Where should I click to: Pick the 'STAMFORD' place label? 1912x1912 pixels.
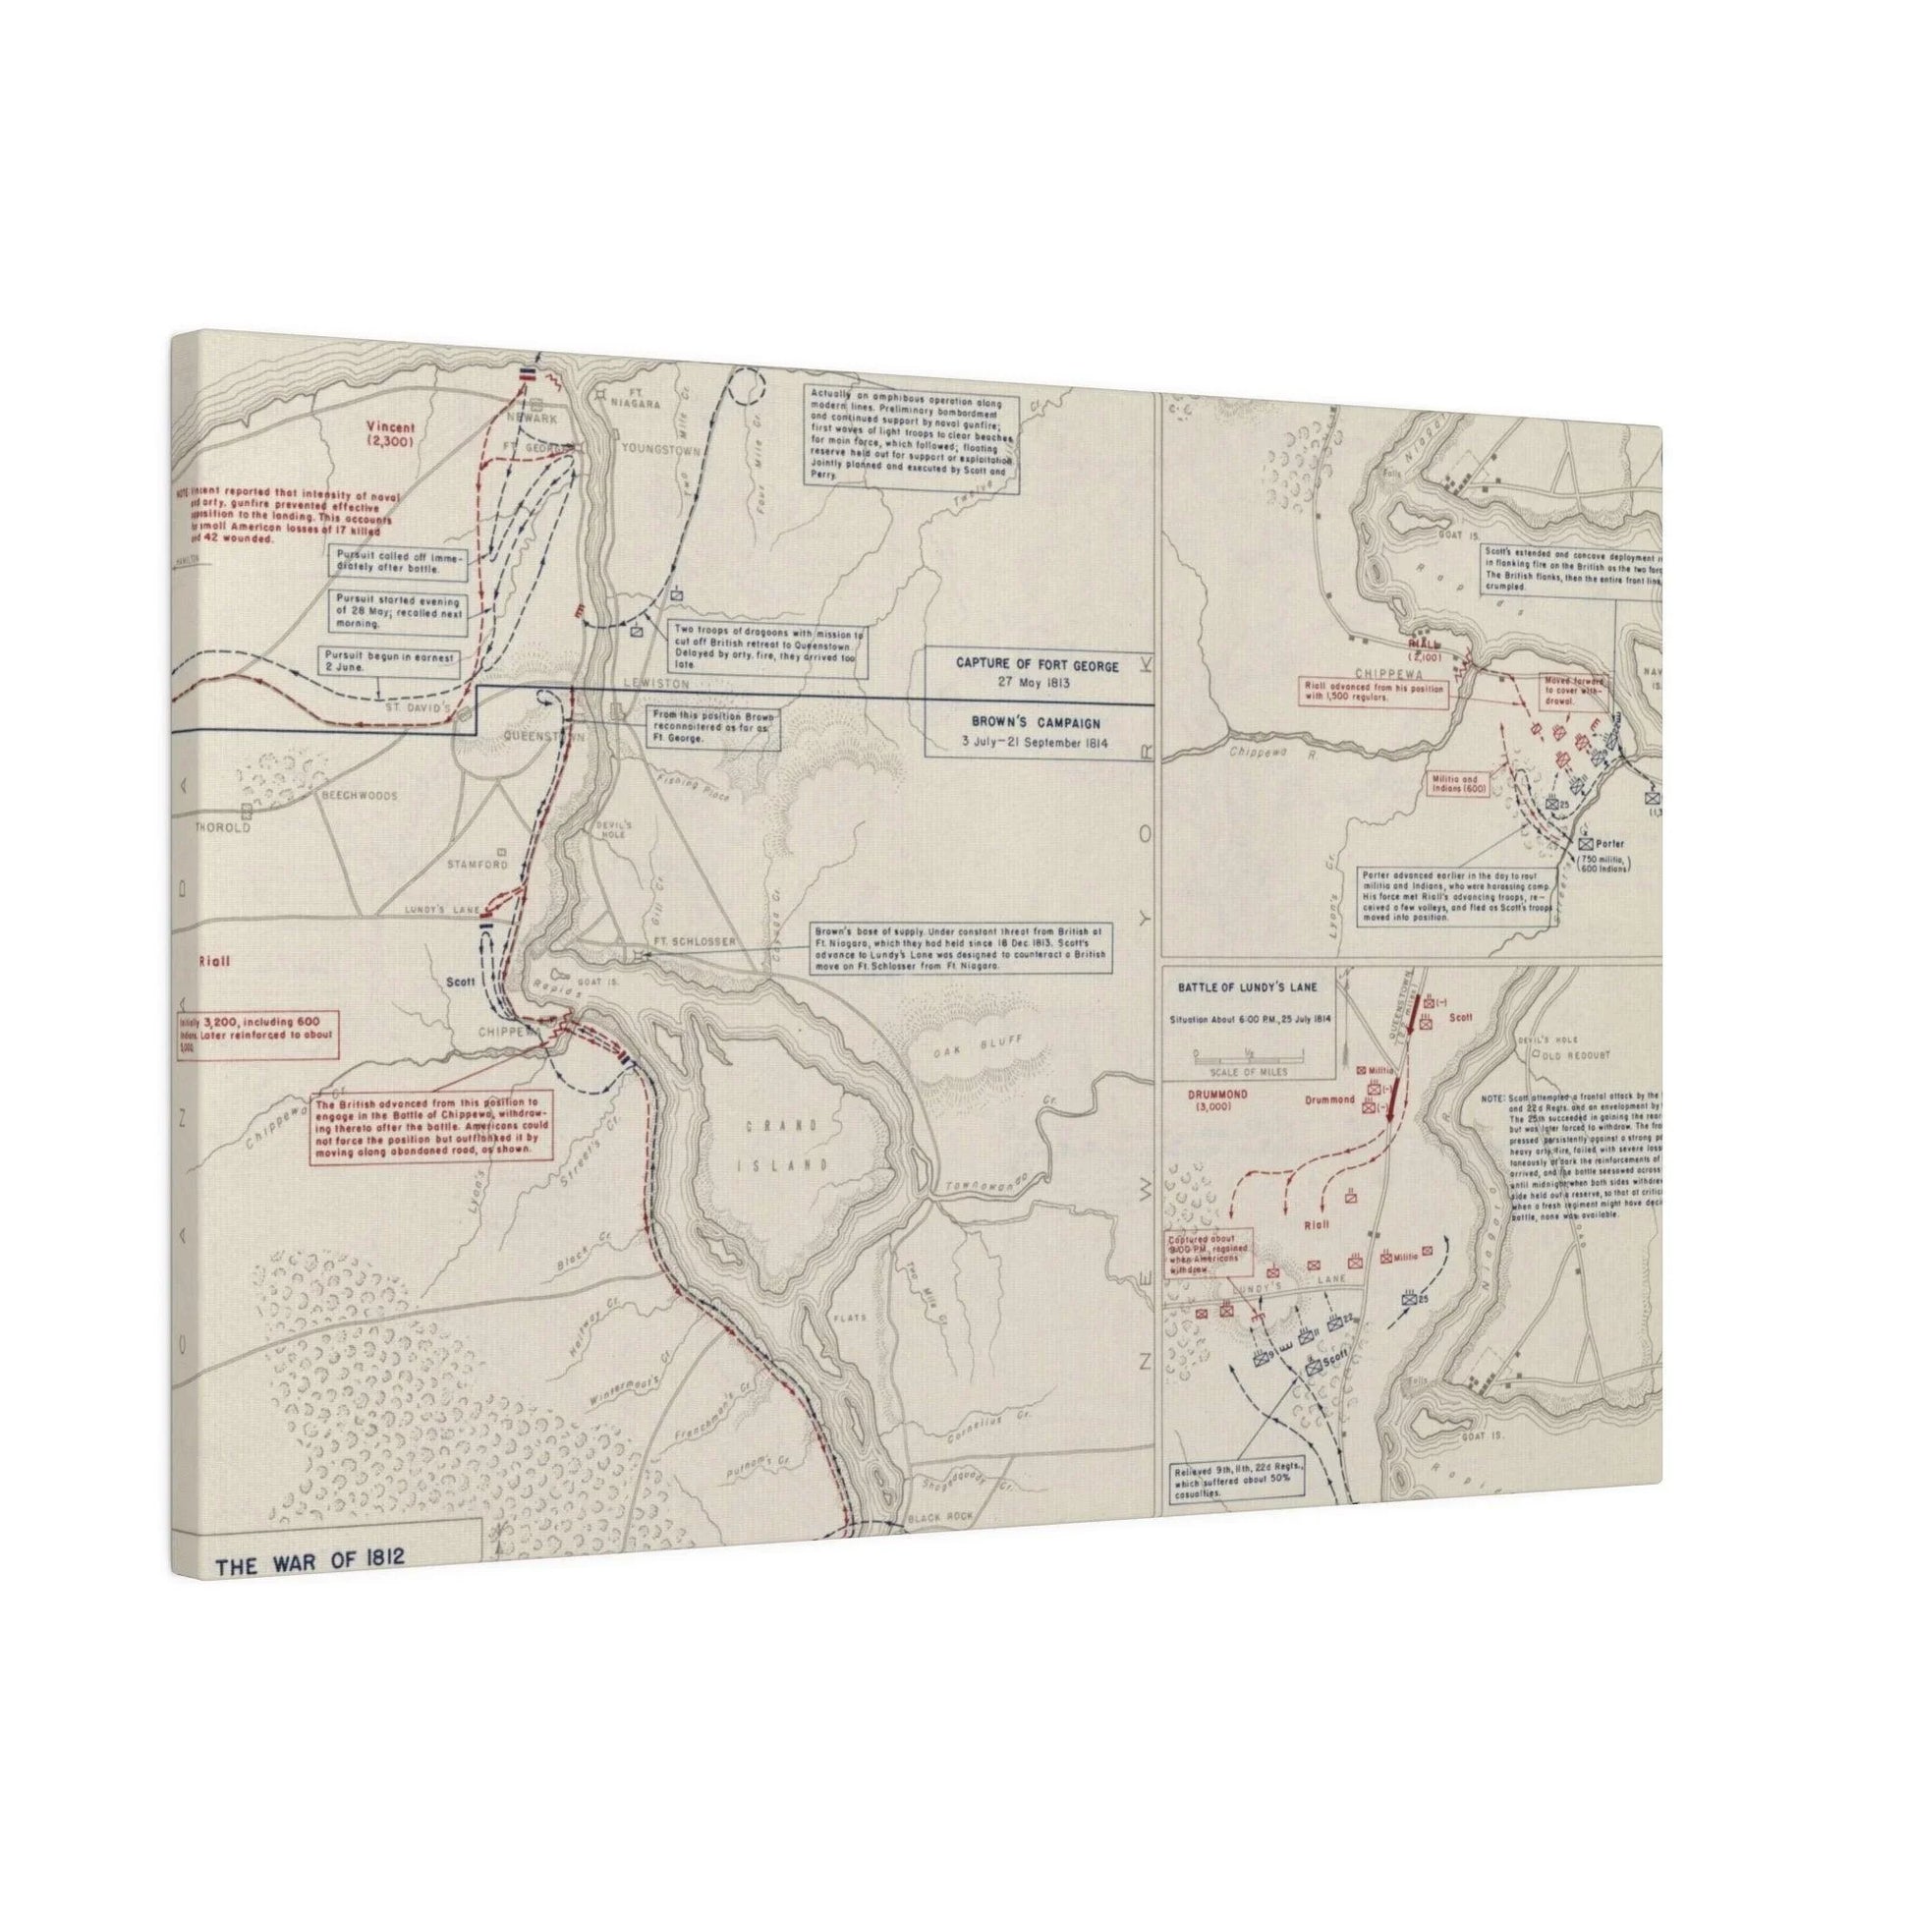(x=477, y=864)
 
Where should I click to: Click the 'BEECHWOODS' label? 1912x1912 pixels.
(x=358, y=796)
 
